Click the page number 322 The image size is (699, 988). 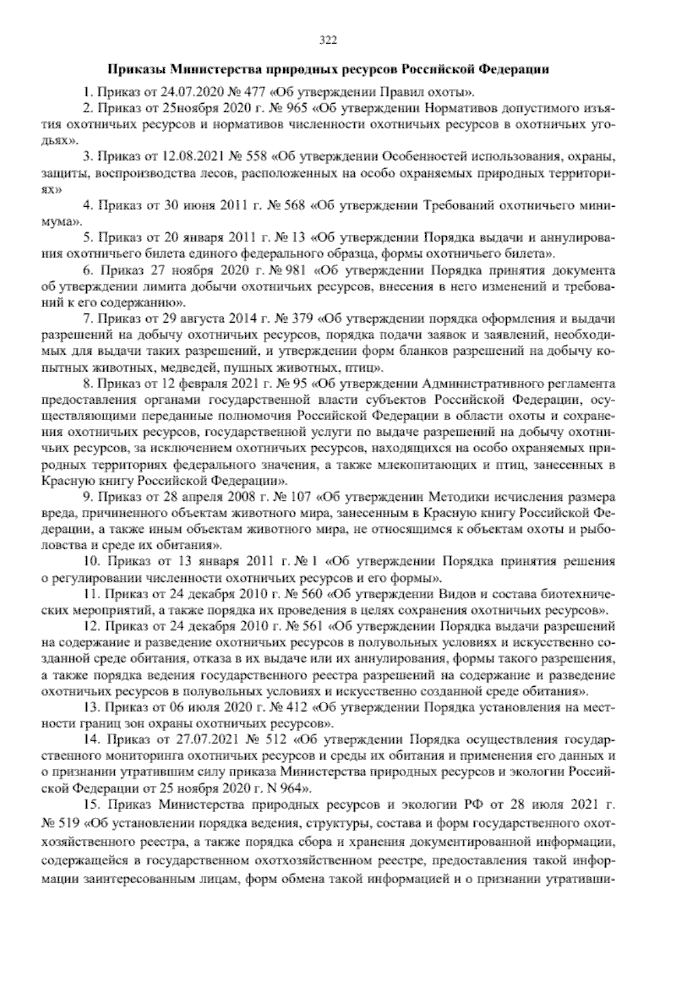(x=329, y=40)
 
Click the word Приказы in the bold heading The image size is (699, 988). (x=137, y=69)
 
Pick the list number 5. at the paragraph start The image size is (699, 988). (x=89, y=238)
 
